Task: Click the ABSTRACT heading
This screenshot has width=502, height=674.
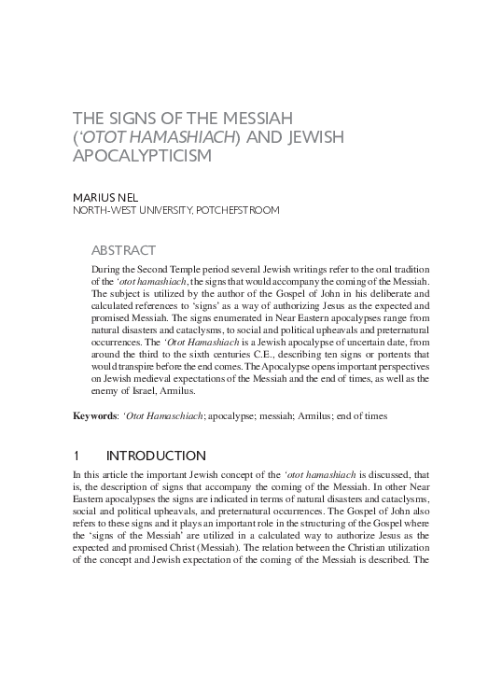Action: (x=123, y=250)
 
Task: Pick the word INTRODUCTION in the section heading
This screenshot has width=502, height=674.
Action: (x=156, y=456)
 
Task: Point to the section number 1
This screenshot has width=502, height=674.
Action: (x=77, y=456)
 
